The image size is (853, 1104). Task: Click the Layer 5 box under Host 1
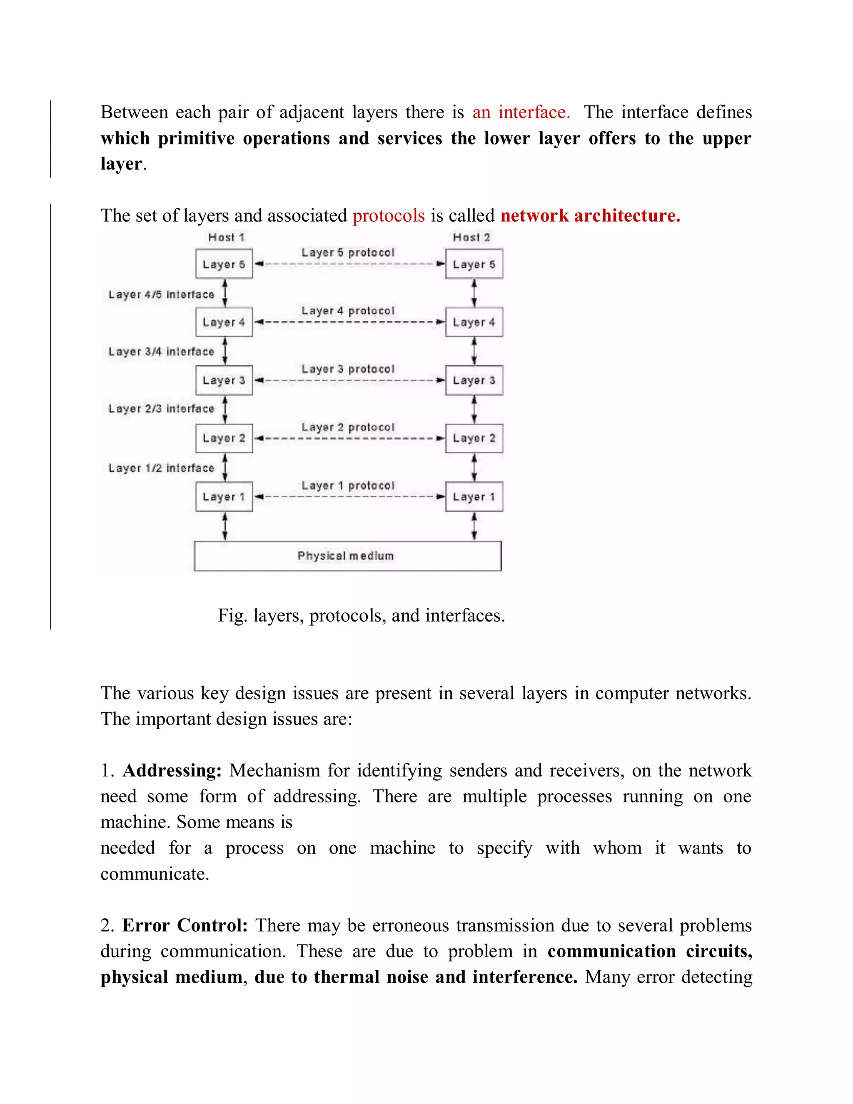coord(224,264)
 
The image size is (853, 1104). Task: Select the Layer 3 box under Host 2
coord(474,380)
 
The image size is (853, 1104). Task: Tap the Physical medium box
coord(348,556)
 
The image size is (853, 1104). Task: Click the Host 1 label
coord(226,237)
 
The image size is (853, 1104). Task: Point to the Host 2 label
coord(471,237)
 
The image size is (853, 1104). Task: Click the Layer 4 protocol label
coord(348,310)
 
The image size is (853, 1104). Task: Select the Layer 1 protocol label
coord(348,485)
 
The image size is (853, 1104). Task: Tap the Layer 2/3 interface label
coord(161,408)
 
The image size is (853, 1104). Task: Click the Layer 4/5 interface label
coord(161,294)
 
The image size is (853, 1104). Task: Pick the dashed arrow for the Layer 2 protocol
coord(349,438)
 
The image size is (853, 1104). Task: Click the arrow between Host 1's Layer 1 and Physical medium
coord(225,526)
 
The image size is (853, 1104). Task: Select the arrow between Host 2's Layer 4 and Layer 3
coord(474,351)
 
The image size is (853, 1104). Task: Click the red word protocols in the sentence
coord(388,216)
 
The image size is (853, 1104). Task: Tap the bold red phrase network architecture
coord(590,216)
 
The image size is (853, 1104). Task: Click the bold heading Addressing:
coord(172,770)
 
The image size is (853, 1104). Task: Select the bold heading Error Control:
coord(185,925)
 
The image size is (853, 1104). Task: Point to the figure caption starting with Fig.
coord(361,615)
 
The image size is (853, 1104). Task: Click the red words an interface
coord(521,112)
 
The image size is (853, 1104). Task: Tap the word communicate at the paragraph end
coord(154,874)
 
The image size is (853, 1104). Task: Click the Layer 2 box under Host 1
coord(224,438)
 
